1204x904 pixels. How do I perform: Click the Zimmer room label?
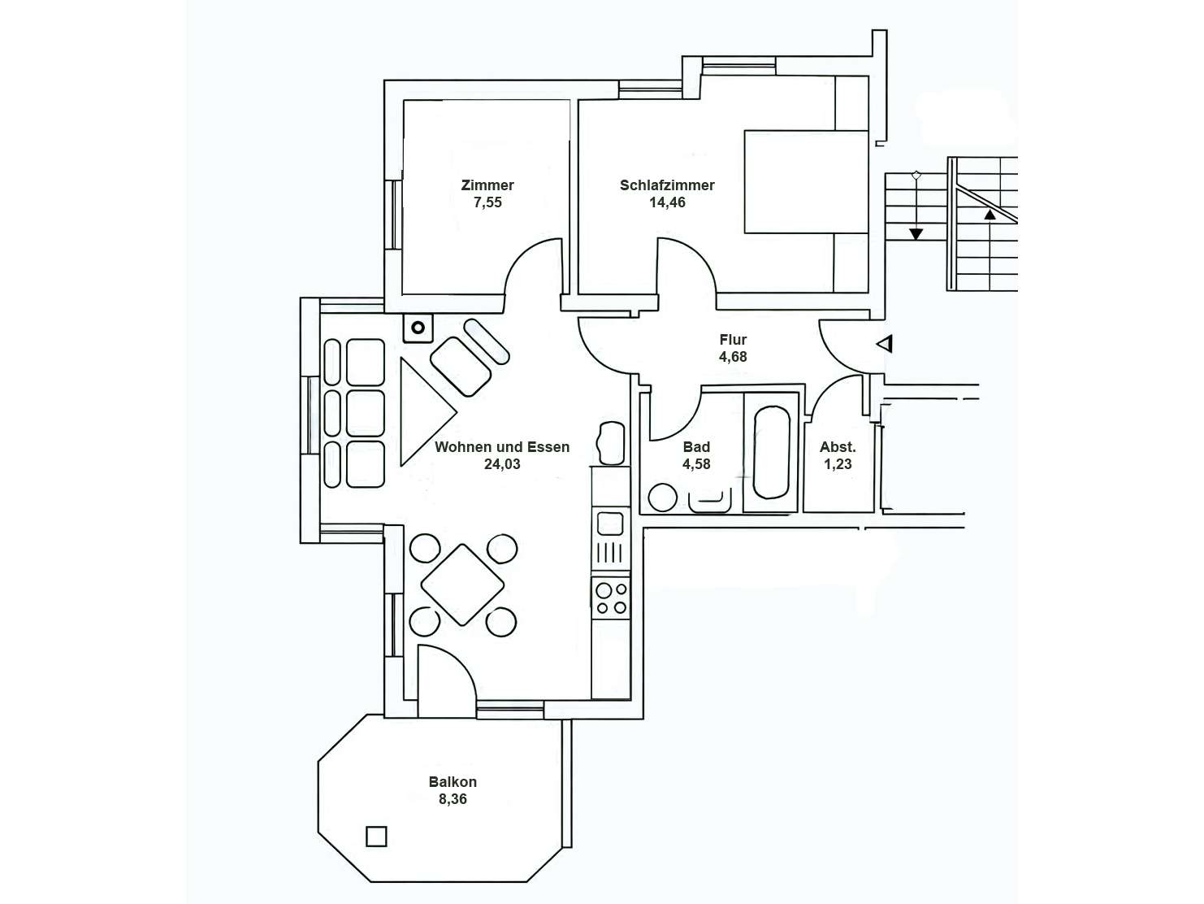click(487, 185)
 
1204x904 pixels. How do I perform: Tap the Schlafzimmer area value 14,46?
click(667, 203)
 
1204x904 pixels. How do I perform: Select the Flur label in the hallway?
click(733, 340)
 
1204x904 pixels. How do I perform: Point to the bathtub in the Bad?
click(771, 452)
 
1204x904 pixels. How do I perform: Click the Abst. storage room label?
click(838, 447)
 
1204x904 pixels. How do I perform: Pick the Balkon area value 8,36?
click(453, 799)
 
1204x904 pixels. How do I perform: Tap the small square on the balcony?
click(375, 836)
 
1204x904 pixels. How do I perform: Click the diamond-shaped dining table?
click(462, 585)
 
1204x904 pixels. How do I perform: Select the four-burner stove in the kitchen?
click(611, 598)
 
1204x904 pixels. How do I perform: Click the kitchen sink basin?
click(610, 522)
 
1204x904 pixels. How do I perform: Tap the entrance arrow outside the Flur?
click(885, 345)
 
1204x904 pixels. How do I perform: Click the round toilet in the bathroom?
click(663, 498)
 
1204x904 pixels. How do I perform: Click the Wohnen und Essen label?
click(502, 447)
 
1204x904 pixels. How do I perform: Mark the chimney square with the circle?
click(418, 328)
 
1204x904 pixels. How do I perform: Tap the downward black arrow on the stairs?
click(916, 234)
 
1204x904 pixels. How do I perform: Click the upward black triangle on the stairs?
click(990, 215)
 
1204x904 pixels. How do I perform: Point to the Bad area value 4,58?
click(696, 464)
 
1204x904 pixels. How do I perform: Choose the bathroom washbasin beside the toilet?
click(710, 500)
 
